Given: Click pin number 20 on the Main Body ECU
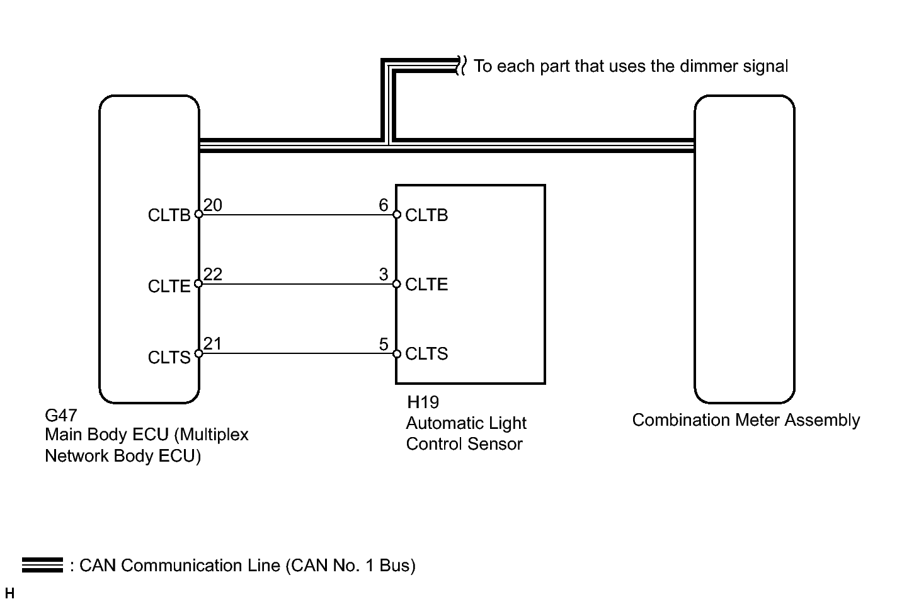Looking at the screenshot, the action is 213,205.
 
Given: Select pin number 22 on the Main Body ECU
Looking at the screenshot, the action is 213,275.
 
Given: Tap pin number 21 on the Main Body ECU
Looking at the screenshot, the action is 213,344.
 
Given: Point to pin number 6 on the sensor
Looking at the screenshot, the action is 384,205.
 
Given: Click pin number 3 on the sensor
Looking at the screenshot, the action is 384,275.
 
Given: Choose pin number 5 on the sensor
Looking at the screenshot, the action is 384,345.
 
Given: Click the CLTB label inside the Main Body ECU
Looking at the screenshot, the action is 169,215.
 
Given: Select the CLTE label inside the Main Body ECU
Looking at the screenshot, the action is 169,287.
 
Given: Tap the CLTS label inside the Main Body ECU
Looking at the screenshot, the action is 169,358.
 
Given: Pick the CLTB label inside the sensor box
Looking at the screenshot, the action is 426,215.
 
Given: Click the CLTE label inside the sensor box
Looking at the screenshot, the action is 426,285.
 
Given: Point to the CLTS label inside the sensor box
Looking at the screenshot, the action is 426,354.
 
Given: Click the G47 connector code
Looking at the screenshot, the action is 61,416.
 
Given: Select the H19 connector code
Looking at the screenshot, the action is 423,402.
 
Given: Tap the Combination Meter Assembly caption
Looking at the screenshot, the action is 746,420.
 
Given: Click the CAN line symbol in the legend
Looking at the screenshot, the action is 42,565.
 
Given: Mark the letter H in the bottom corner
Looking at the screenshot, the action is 9,593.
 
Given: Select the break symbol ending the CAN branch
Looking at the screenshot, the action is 461,66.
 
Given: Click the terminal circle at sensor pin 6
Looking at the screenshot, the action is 397,215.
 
